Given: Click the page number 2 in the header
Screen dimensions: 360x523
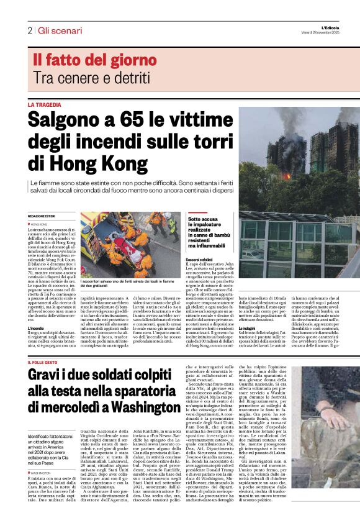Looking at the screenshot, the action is (x=29, y=30).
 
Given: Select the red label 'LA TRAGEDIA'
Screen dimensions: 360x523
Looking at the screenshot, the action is (x=45, y=105).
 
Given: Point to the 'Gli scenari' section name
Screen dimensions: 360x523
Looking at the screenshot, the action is (x=60, y=30).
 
